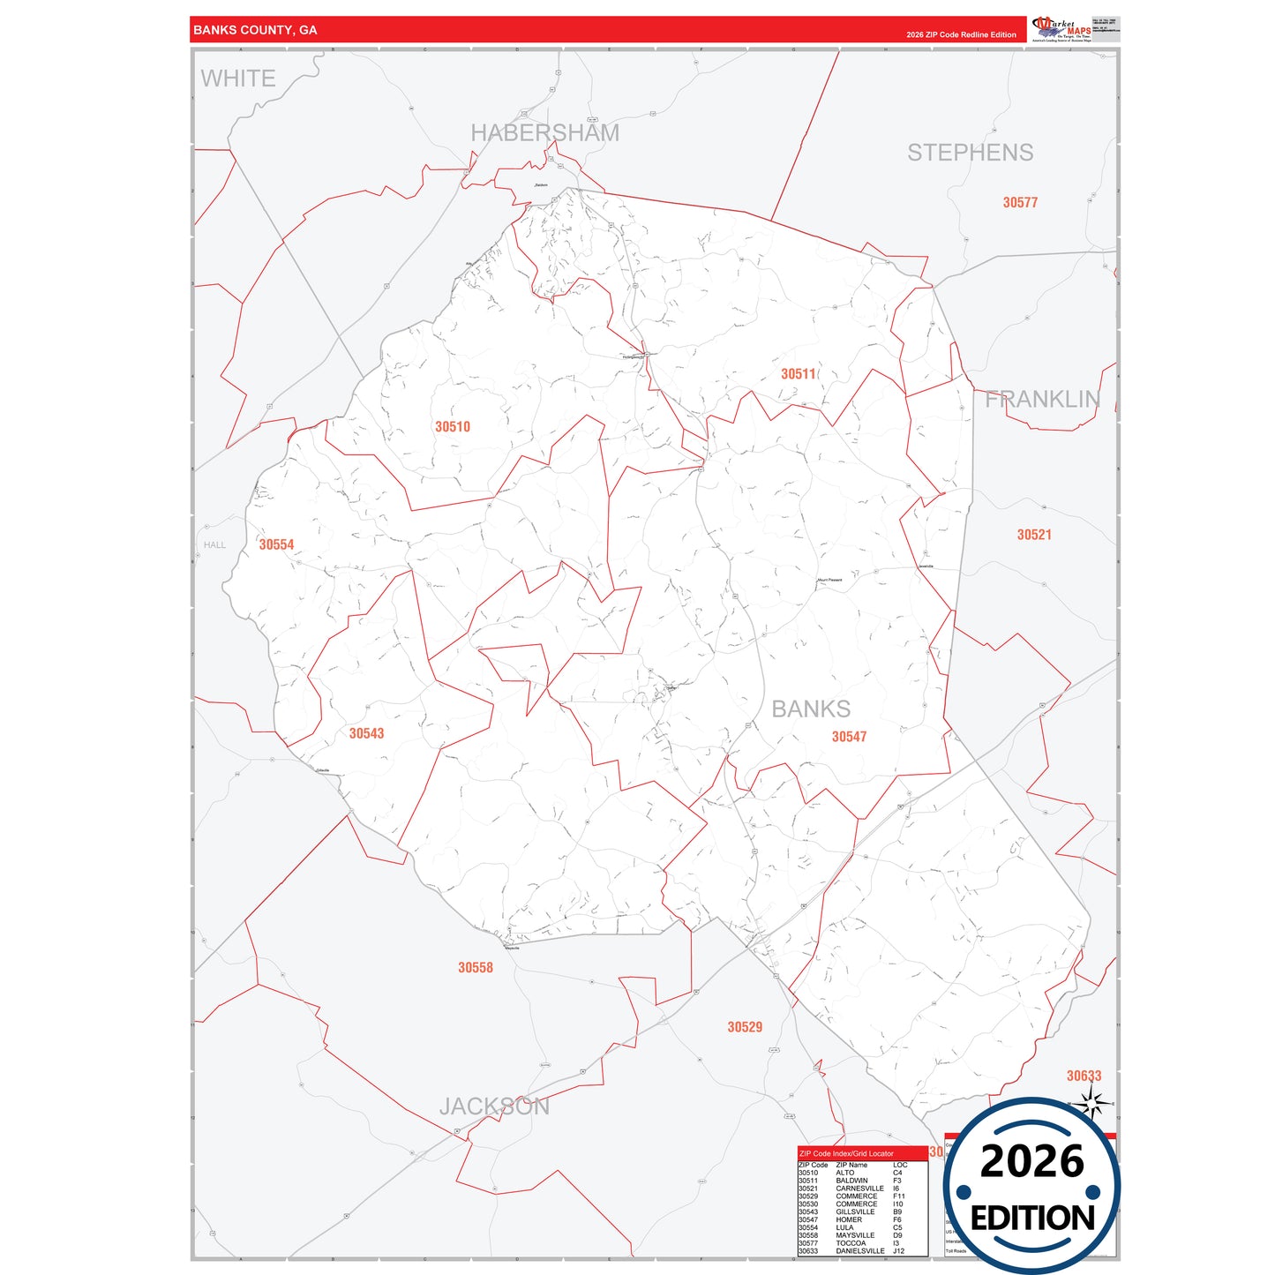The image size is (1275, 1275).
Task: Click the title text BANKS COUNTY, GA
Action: [255, 30]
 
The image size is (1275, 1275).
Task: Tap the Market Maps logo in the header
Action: [1061, 29]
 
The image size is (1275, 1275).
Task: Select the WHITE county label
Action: [238, 79]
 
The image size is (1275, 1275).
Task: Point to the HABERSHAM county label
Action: [544, 133]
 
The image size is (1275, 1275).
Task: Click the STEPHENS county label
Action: [970, 153]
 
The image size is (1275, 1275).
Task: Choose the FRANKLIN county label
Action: [1042, 400]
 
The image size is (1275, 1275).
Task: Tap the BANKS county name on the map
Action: [811, 709]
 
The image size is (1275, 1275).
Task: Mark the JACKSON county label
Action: [494, 1106]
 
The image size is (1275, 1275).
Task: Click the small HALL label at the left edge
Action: [214, 545]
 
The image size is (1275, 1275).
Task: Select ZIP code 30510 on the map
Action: [453, 427]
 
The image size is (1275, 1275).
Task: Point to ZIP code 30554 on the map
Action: [276, 545]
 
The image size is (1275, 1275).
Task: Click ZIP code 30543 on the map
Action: [366, 733]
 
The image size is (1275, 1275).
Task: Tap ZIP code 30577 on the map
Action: [1020, 203]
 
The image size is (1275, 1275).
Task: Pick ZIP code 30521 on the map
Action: [1034, 535]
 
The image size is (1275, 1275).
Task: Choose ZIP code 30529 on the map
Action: [745, 1027]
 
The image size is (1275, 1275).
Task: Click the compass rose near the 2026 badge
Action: [1092, 1104]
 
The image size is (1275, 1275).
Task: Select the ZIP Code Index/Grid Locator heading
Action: [846, 1153]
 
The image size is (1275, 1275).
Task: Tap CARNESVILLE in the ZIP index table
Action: [859, 1189]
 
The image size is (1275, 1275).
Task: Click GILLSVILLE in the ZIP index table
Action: [855, 1211]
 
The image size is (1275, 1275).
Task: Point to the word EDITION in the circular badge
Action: [1032, 1219]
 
